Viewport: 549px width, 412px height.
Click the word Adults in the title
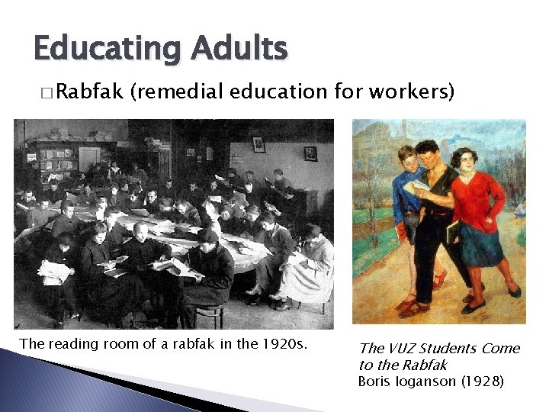pos(239,49)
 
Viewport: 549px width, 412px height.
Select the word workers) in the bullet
pos(413,92)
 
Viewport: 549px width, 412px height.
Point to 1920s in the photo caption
pos(283,344)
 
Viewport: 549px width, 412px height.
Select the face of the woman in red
pos(463,161)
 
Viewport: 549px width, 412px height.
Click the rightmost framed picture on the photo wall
pos(310,153)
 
